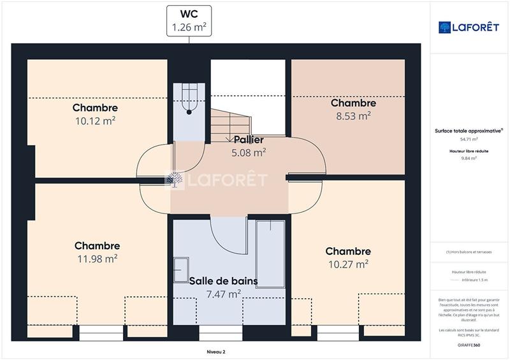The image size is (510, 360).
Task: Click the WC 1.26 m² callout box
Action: (189, 20)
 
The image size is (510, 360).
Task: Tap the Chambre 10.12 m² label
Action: (95, 113)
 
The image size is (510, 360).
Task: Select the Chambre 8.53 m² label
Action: (353, 109)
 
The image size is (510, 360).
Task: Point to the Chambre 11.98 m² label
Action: (97, 252)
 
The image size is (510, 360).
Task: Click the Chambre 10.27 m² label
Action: (348, 257)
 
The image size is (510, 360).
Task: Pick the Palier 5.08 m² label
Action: (248, 146)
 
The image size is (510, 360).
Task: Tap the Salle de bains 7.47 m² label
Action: (223, 287)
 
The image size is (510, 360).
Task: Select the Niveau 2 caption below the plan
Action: (216, 351)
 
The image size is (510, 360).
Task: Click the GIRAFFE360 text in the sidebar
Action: (469, 345)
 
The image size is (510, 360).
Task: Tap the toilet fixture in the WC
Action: (189, 102)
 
